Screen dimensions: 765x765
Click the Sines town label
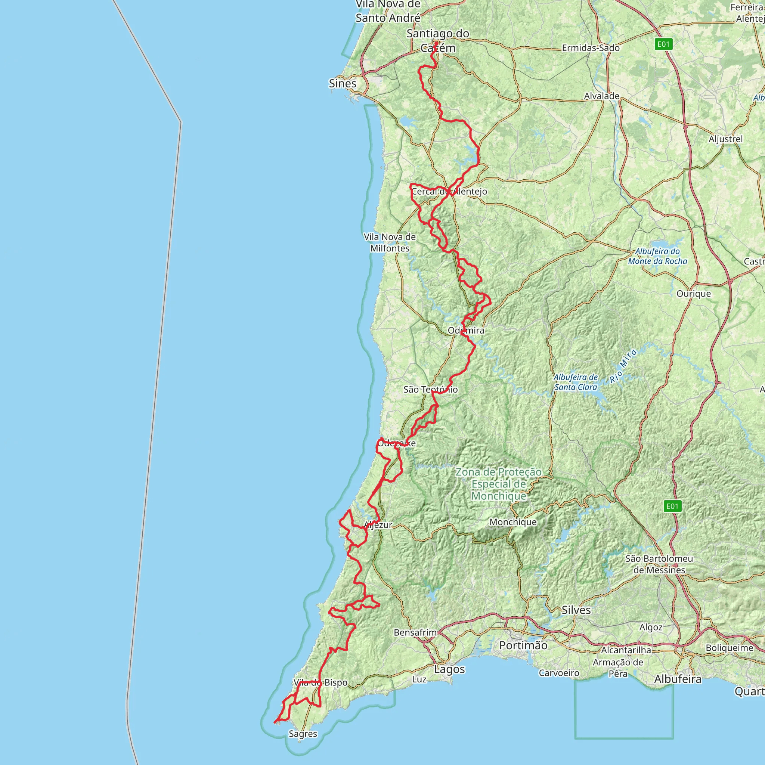point(343,84)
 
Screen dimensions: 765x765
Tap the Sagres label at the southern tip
point(303,734)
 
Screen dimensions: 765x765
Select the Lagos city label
point(449,669)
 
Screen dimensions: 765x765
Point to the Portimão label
point(523,645)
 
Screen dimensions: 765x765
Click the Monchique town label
point(513,522)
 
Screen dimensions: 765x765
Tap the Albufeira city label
point(678,679)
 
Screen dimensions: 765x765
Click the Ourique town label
point(694,293)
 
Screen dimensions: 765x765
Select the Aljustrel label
point(726,139)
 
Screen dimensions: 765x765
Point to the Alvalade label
point(602,96)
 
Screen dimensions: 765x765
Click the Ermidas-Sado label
point(591,48)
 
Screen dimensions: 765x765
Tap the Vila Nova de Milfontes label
point(390,243)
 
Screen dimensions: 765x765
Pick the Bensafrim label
point(415,632)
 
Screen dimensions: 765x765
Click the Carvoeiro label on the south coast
point(559,673)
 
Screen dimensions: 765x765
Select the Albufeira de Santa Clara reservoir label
point(576,382)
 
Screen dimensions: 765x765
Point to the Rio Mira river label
point(623,365)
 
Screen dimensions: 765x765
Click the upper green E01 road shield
point(664,44)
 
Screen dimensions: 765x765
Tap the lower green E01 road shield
point(672,506)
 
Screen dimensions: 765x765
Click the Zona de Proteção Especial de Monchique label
point(499,484)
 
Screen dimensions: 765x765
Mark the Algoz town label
point(651,627)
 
